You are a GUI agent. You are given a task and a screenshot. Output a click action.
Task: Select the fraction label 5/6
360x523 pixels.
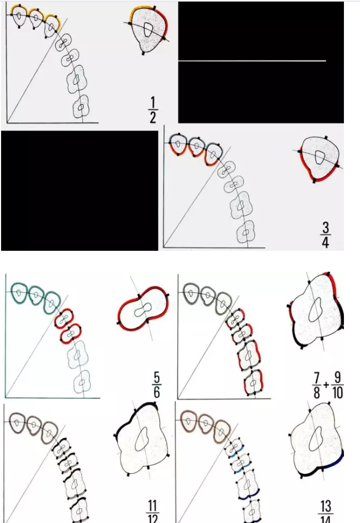click(x=156, y=383)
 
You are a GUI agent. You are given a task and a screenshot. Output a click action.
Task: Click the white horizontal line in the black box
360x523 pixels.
click(x=252, y=61)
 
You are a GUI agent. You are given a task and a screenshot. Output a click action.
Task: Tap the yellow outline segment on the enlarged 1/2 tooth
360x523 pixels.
click(x=140, y=11)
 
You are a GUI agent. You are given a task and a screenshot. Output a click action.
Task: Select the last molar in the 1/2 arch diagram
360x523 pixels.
click(x=80, y=107)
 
